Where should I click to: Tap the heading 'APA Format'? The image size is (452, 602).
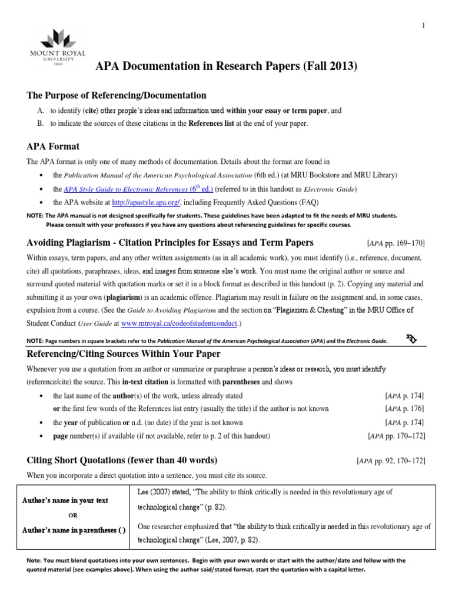[x=53, y=146]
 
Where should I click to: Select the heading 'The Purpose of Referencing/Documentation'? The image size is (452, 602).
[x=117, y=95]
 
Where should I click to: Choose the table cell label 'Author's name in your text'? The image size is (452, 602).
[x=65, y=501]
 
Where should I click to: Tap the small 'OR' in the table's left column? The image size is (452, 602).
[x=73, y=515]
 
